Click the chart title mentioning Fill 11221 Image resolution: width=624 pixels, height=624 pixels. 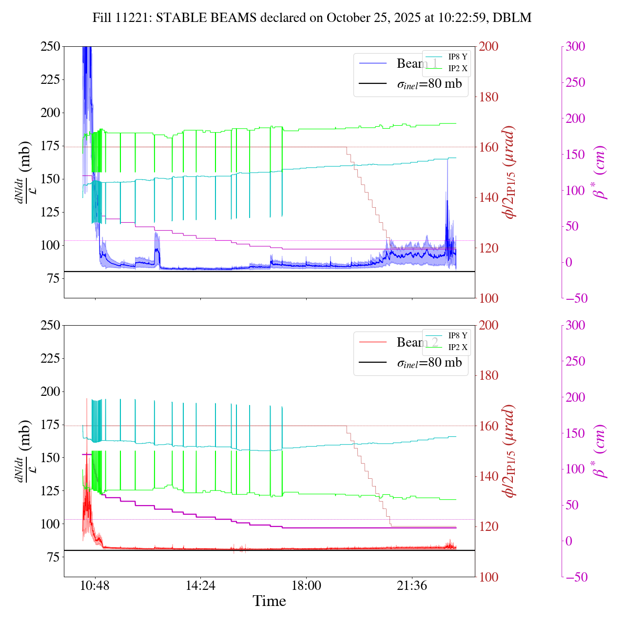[x=312, y=18]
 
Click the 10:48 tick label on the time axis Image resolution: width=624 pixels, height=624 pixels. [x=95, y=585]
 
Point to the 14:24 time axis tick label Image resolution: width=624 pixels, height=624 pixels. [x=201, y=585]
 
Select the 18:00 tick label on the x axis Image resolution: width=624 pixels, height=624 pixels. [x=306, y=585]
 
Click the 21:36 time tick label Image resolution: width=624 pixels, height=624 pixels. [x=412, y=585]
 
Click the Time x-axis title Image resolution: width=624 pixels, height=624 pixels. [x=269, y=602]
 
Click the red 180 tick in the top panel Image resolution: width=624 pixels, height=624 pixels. [x=488, y=97]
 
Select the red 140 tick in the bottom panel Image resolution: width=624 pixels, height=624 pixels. [x=488, y=476]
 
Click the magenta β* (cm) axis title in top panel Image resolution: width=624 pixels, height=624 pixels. [x=600, y=172]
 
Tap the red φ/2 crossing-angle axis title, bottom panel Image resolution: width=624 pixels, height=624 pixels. [x=510, y=451]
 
